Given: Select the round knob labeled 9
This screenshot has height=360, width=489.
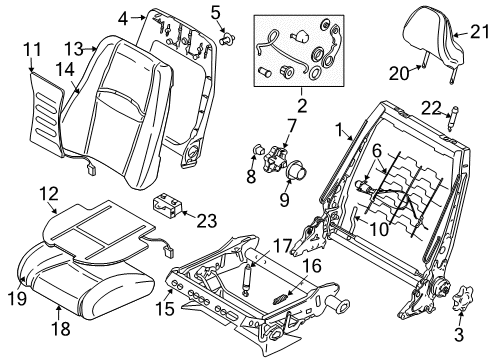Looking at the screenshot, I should [x=296, y=173].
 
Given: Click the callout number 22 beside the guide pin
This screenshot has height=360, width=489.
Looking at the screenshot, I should [x=432, y=108].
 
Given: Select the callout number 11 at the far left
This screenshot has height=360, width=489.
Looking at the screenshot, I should [x=30, y=47].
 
